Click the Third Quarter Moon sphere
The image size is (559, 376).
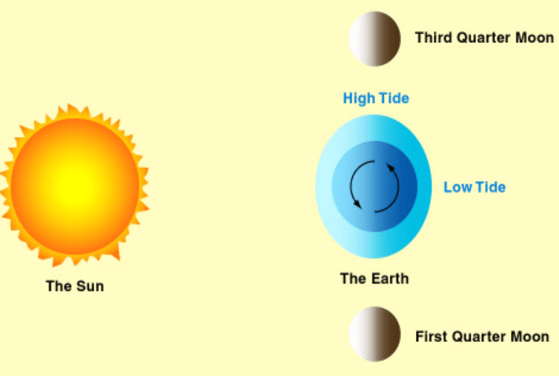[374, 38]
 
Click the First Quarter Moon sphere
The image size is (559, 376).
[374, 334]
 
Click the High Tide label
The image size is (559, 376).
[376, 98]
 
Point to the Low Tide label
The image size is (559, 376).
[474, 187]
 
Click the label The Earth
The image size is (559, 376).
[374, 278]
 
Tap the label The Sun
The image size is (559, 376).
[75, 286]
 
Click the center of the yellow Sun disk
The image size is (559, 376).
[75, 186]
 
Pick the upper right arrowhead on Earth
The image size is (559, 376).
[391, 168]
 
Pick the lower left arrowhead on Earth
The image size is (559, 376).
[357, 204]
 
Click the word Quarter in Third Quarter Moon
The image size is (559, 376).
[483, 38]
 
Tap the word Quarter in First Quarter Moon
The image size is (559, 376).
[479, 337]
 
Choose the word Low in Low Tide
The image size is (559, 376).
[457, 187]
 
